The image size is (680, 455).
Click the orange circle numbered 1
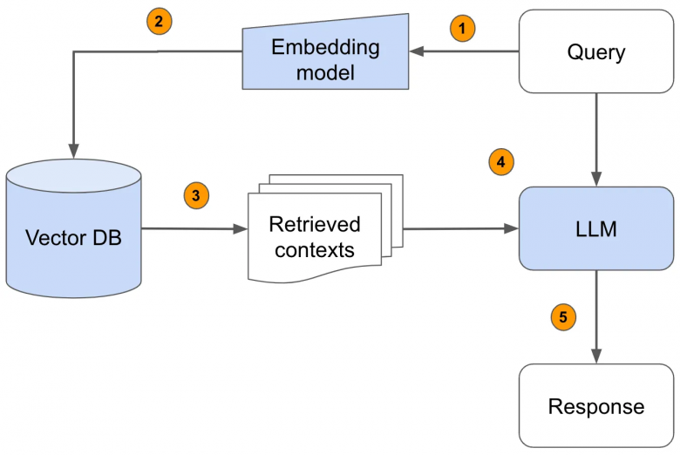463,28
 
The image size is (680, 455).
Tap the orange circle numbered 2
158,23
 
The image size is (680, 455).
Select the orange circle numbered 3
196,196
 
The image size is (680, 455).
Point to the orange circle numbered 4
500,161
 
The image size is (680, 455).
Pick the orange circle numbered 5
562,317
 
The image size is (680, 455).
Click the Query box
596,51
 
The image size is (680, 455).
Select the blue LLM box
596,228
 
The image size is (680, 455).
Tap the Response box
596,405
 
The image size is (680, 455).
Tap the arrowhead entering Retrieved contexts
241,229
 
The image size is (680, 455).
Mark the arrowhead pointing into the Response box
596,357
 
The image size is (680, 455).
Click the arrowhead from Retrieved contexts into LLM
512,229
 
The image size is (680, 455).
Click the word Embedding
325,47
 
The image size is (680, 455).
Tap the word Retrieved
315,225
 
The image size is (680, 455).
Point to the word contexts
315,250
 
